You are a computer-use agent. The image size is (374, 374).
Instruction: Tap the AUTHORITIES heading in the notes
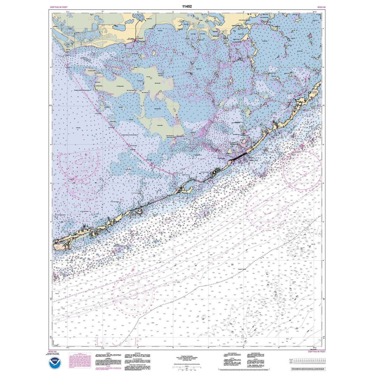(137, 353)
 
